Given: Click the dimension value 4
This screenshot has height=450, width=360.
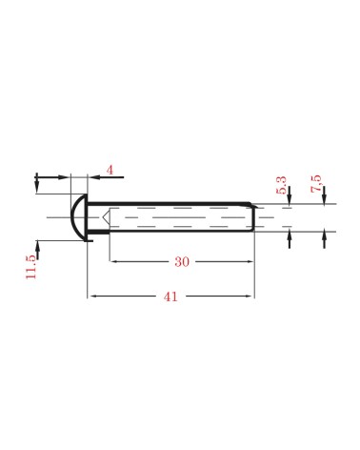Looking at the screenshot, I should pyautogui.click(x=110, y=170).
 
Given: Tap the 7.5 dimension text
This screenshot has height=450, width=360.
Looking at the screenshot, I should pyautogui.click(x=315, y=182).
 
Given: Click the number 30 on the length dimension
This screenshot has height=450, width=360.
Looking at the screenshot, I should pyautogui.click(x=181, y=261).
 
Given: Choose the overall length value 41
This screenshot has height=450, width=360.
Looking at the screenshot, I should pyautogui.click(x=170, y=297).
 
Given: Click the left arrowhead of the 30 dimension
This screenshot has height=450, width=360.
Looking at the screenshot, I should pyautogui.click(x=113, y=261).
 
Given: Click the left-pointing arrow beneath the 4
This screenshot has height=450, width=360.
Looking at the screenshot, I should pyautogui.click(x=95, y=177).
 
